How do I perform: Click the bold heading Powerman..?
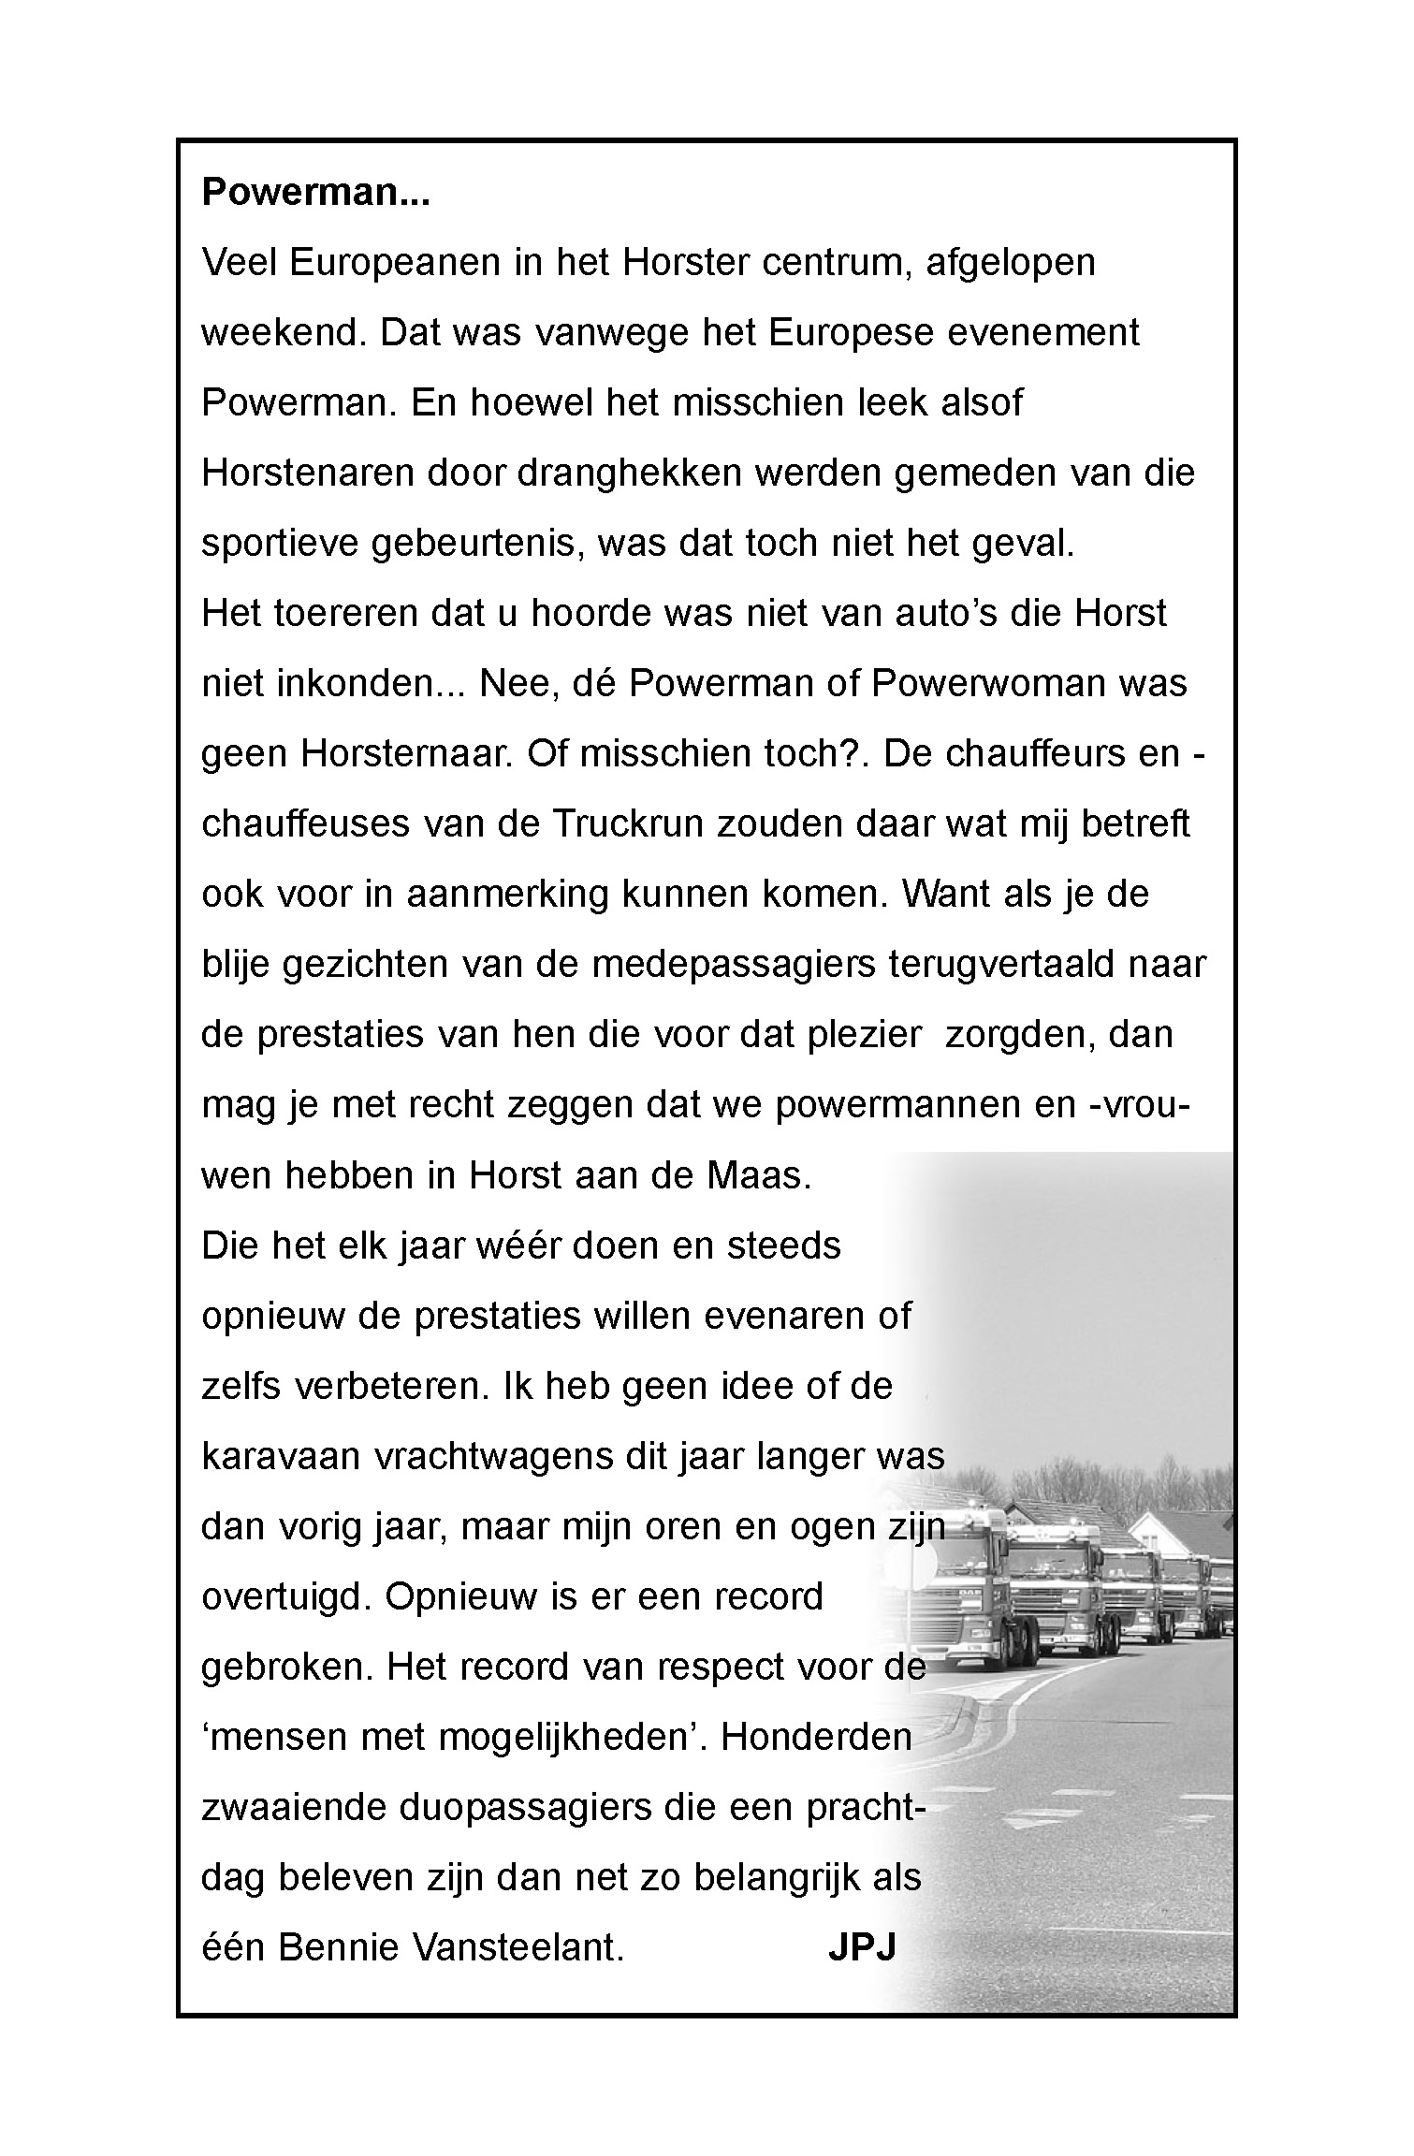315,193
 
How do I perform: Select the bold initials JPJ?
862,1948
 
